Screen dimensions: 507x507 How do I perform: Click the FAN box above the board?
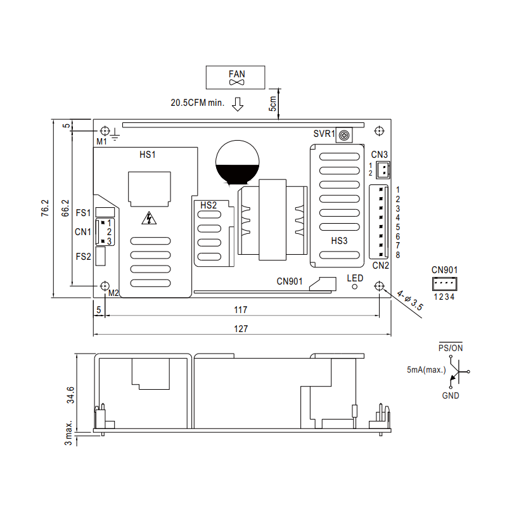(x=237, y=77)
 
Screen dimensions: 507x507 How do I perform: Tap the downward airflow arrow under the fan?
(x=238, y=103)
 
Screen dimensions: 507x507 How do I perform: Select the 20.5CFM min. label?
(x=196, y=103)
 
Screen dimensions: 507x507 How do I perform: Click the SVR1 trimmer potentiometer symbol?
(x=344, y=134)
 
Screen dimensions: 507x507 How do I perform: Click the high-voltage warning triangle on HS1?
(x=149, y=219)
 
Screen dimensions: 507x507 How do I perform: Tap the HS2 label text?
(x=209, y=205)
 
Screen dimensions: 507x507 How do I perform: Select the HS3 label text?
(x=340, y=241)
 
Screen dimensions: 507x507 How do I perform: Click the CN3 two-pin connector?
(x=382, y=169)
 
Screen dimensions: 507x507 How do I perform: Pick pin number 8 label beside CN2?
(x=398, y=255)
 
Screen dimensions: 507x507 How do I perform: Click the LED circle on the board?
(x=355, y=286)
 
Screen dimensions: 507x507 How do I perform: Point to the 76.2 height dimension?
(x=45, y=209)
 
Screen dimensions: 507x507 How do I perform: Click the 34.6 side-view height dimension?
(x=71, y=395)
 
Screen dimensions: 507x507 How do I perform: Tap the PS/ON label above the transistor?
(x=451, y=348)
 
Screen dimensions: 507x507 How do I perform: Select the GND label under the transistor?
(x=451, y=395)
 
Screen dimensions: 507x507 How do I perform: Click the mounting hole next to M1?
(x=105, y=131)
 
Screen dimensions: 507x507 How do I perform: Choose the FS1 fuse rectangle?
(x=106, y=212)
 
